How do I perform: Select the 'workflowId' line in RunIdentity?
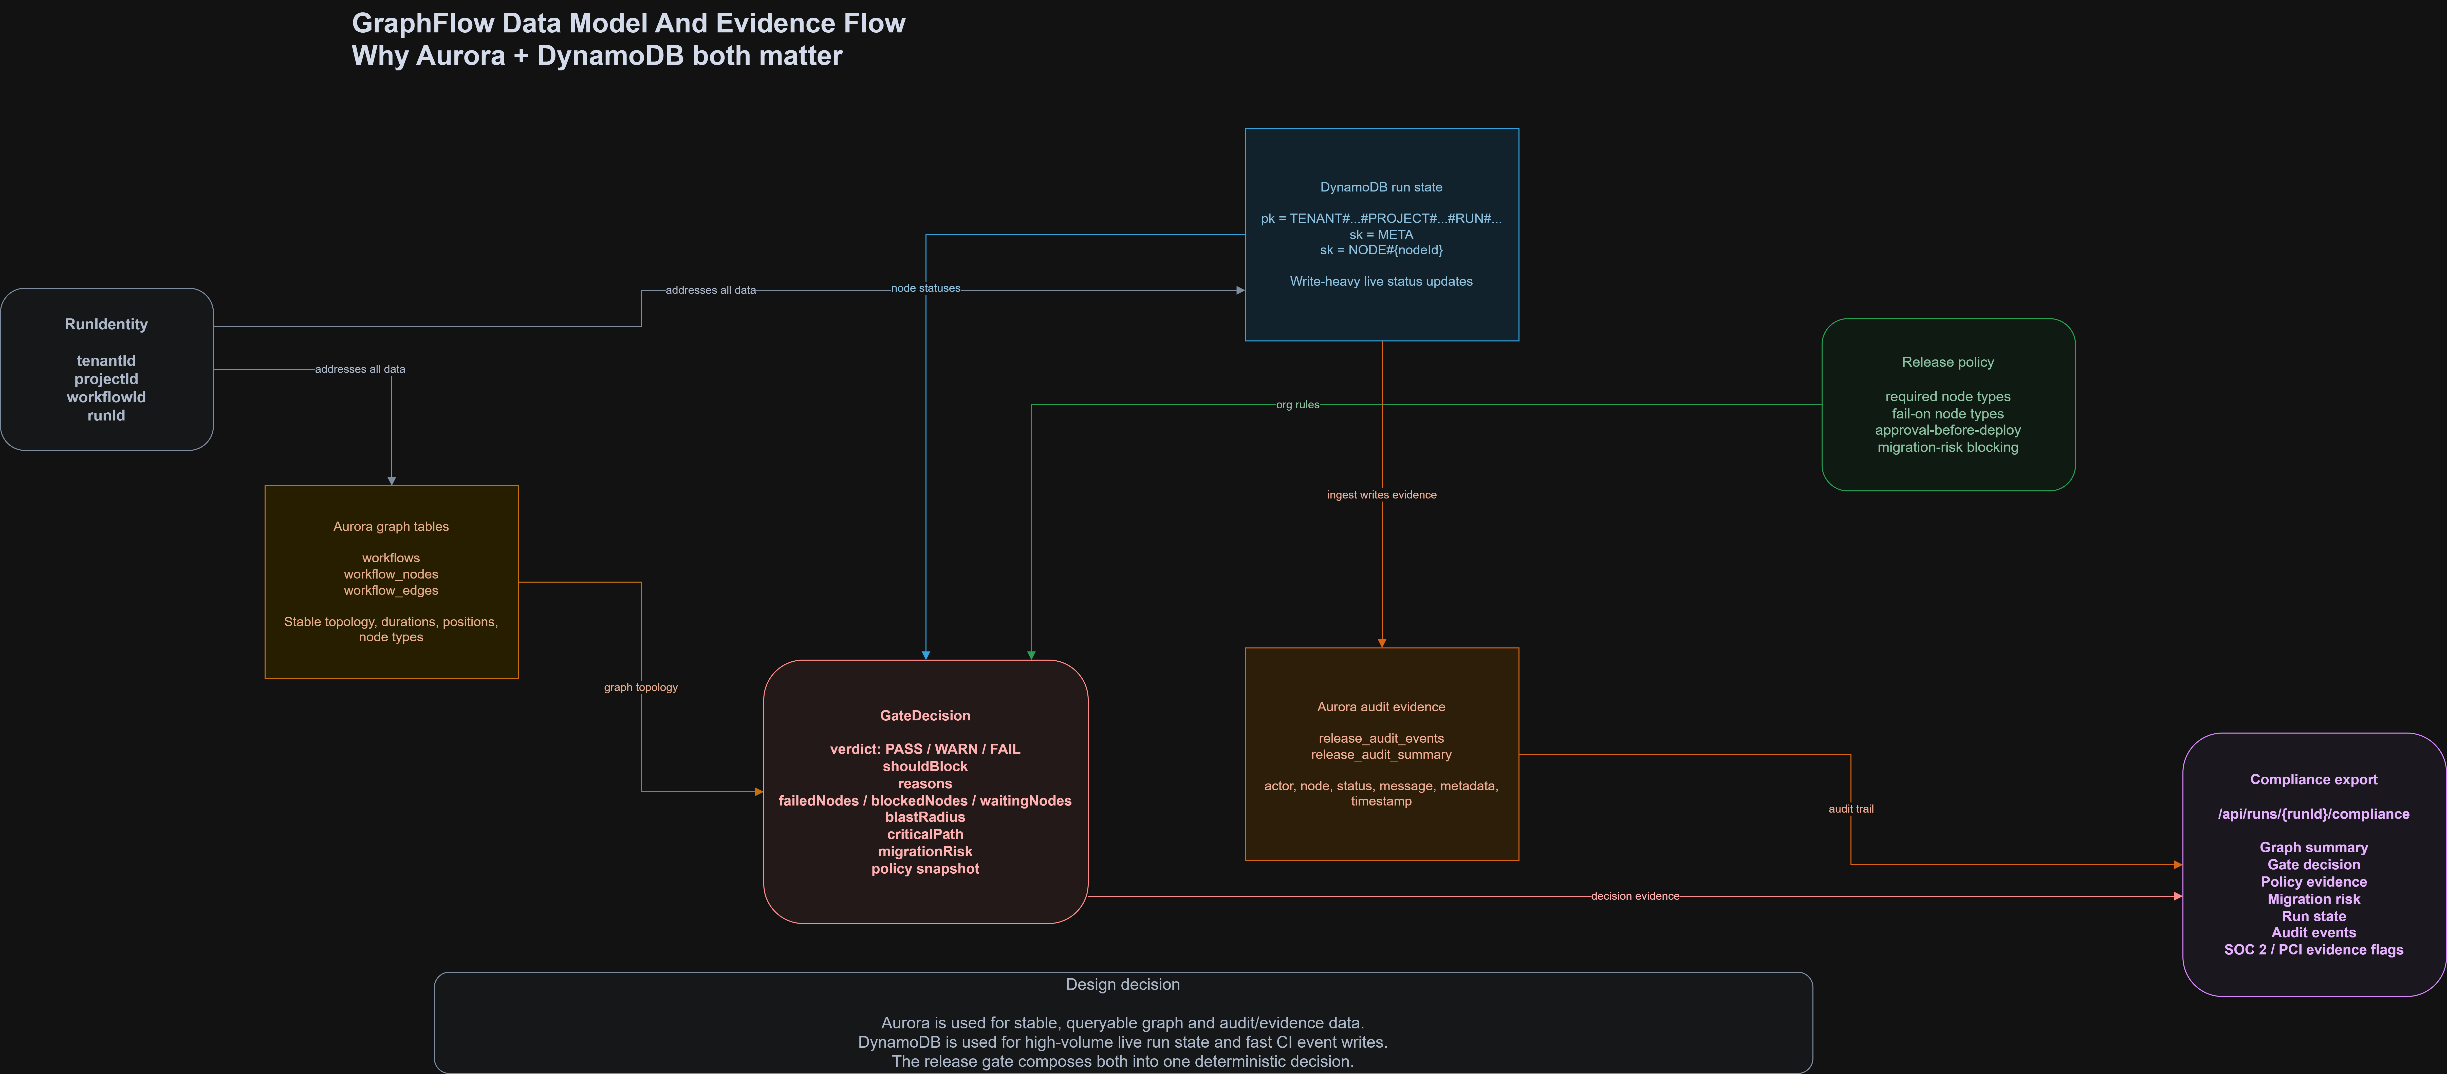(106, 397)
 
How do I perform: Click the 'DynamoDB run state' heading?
(1381, 187)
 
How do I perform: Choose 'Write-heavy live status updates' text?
(1381, 281)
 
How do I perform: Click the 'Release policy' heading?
(1947, 362)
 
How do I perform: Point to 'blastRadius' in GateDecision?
(925, 817)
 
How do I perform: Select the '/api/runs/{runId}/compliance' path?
(2313, 814)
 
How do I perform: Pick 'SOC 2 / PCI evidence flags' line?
(2313, 950)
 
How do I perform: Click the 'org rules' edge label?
(1297, 405)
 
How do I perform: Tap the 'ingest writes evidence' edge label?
(1381, 495)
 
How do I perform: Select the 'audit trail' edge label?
(1850, 809)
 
